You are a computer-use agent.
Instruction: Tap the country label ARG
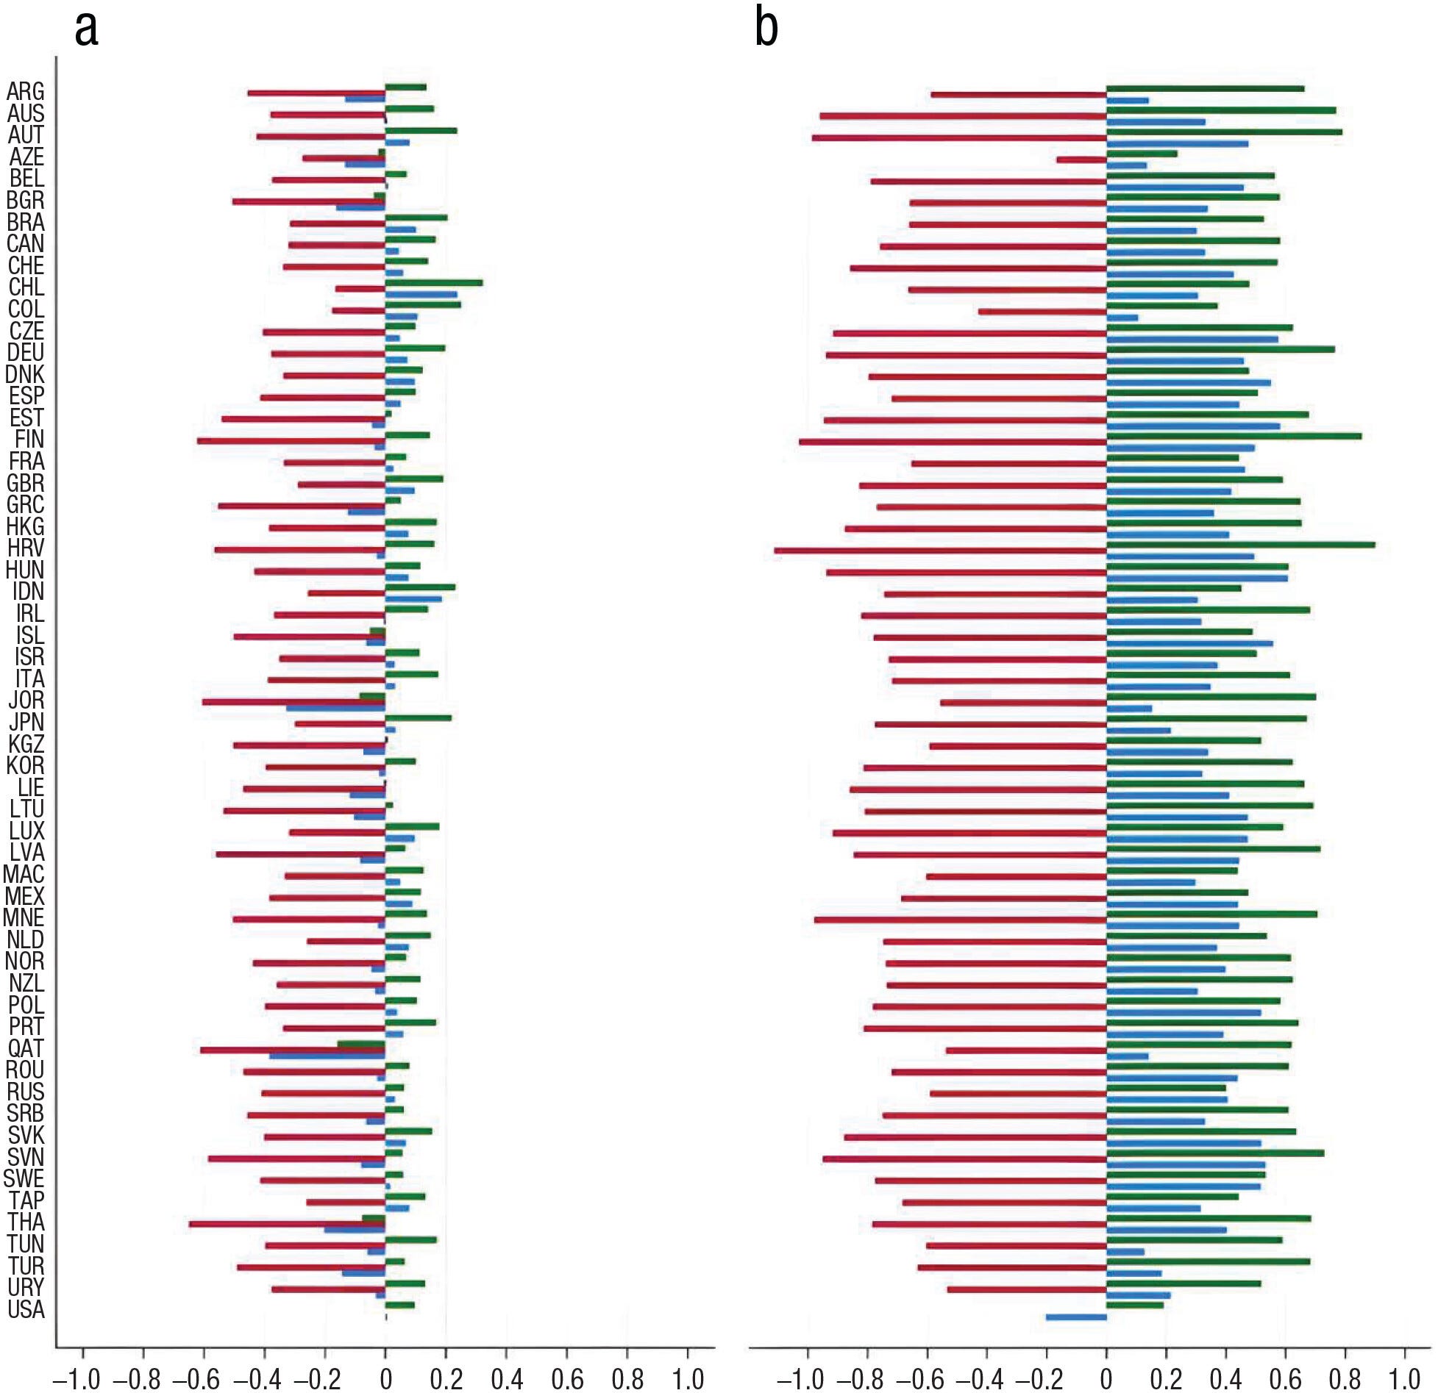26,92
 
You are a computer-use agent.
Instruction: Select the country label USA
26,1309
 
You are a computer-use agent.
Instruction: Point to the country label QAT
26,1048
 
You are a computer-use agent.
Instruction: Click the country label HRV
26,548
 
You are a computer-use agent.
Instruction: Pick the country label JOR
26,701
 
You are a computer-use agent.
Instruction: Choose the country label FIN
29,440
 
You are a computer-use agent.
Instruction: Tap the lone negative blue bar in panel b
1075,1317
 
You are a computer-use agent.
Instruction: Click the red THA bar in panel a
287,1224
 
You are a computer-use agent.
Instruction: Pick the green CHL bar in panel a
433,282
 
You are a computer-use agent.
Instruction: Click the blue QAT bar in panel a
327,1056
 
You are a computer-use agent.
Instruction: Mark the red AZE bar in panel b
1081,160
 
